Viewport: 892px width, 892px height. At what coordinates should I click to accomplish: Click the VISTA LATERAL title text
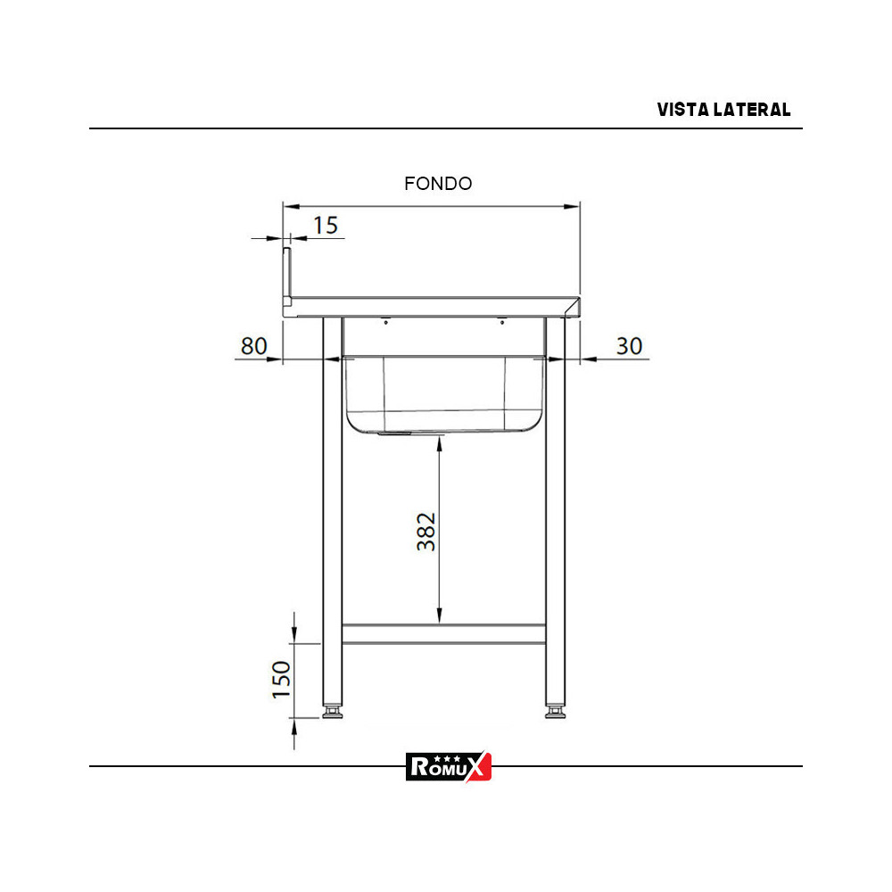pyautogui.click(x=723, y=110)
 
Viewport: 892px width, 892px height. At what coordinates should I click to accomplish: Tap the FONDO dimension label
pyautogui.click(x=438, y=184)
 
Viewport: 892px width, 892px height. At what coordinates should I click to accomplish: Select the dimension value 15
pyautogui.click(x=326, y=225)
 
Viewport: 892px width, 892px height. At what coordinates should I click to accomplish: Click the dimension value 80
pyautogui.click(x=254, y=346)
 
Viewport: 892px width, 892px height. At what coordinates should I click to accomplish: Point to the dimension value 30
pyautogui.click(x=629, y=346)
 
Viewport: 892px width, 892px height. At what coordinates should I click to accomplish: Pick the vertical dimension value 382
pyautogui.click(x=427, y=531)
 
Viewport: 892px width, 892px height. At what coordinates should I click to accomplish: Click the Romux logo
pyautogui.click(x=449, y=765)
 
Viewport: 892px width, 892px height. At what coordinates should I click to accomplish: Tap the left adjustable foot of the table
pyautogui.click(x=333, y=712)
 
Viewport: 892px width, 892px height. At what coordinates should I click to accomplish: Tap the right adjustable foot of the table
pyautogui.click(x=556, y=712)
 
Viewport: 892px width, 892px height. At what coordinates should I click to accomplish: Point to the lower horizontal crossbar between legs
pyautogui.click(x=444, y=633)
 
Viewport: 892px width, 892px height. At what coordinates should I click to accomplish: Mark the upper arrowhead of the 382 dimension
pyautogui.click(x=439, y=442)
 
